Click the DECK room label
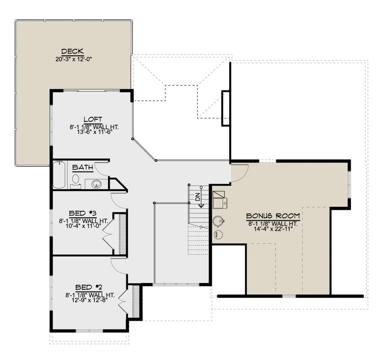pos(72,51)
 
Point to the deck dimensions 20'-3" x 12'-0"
pos(74,59)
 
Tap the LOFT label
pos(93,119)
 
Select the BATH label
pos(83,167)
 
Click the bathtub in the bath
pos(59,175)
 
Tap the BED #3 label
pos(83,213)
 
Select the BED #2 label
pos(89,287)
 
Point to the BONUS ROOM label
pos(273,216)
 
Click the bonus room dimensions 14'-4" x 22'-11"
pos(273,229)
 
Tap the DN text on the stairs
pos(197,197)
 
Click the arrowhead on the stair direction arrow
pos(201,206)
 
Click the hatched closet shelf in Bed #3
pos(123,234)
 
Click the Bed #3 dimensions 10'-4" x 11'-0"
pos(83,226)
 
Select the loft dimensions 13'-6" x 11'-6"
pos(94,132)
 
